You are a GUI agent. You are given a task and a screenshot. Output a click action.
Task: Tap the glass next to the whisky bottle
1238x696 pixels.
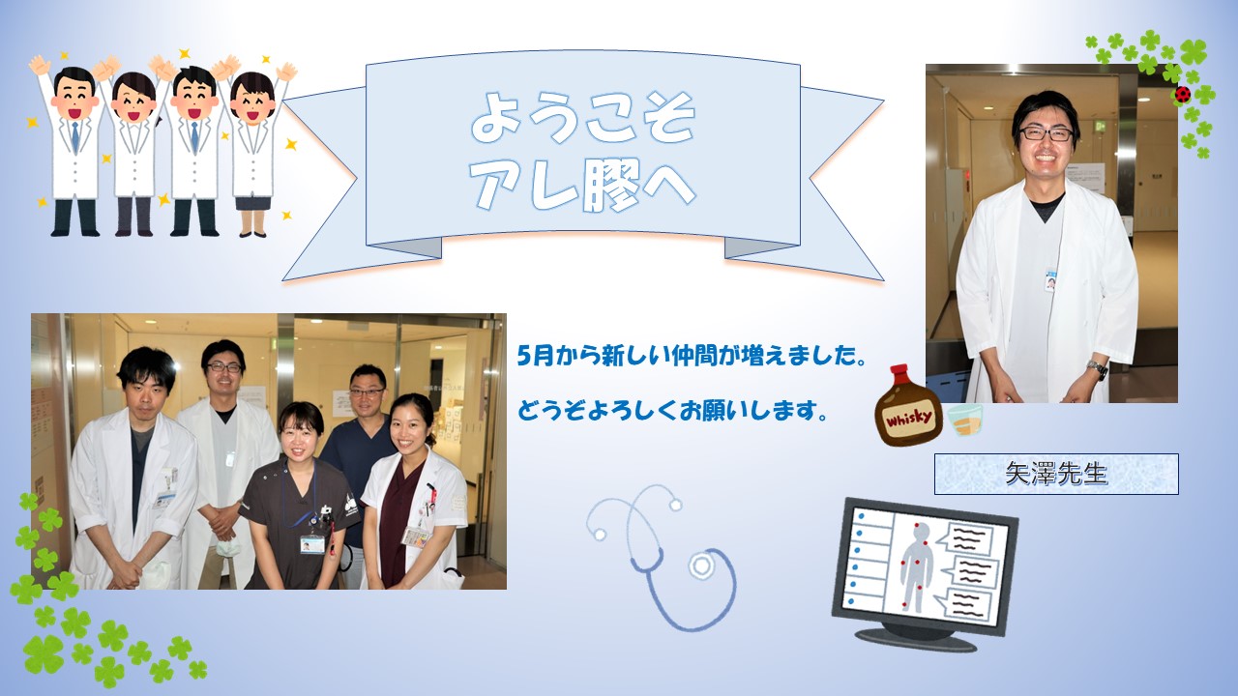coord(965,420)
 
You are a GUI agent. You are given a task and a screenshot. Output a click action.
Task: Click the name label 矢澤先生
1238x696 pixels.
coord(1056,474)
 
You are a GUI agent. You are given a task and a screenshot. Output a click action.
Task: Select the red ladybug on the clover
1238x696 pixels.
coord(1182,95)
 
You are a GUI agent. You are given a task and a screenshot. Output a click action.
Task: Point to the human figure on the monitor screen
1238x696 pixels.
coord(917,565)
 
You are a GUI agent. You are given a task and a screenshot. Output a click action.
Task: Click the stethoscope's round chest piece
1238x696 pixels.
coord(701,565)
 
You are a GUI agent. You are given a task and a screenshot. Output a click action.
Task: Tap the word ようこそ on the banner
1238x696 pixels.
coord(582,118)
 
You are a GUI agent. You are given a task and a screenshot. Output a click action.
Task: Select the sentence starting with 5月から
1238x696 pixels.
coord(691,356)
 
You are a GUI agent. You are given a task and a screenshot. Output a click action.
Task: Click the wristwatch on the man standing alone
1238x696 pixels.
coord(1098,368)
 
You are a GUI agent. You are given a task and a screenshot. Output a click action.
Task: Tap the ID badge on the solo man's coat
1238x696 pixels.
coord(1050,280)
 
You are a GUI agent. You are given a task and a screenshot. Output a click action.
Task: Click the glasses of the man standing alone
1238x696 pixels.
coord(1046,133)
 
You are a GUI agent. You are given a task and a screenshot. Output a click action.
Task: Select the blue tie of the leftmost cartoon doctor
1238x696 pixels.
coord(74,137)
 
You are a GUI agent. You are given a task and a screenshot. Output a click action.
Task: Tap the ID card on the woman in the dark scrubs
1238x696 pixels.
coord(312,544)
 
